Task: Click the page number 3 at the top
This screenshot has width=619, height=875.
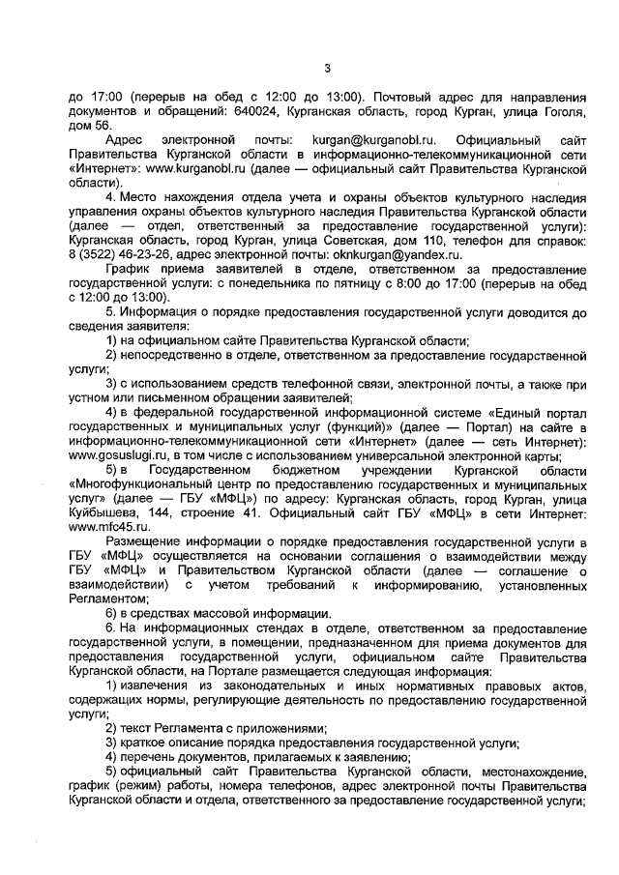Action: click(328, 67)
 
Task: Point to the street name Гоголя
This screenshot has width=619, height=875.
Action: click(560, 111)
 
